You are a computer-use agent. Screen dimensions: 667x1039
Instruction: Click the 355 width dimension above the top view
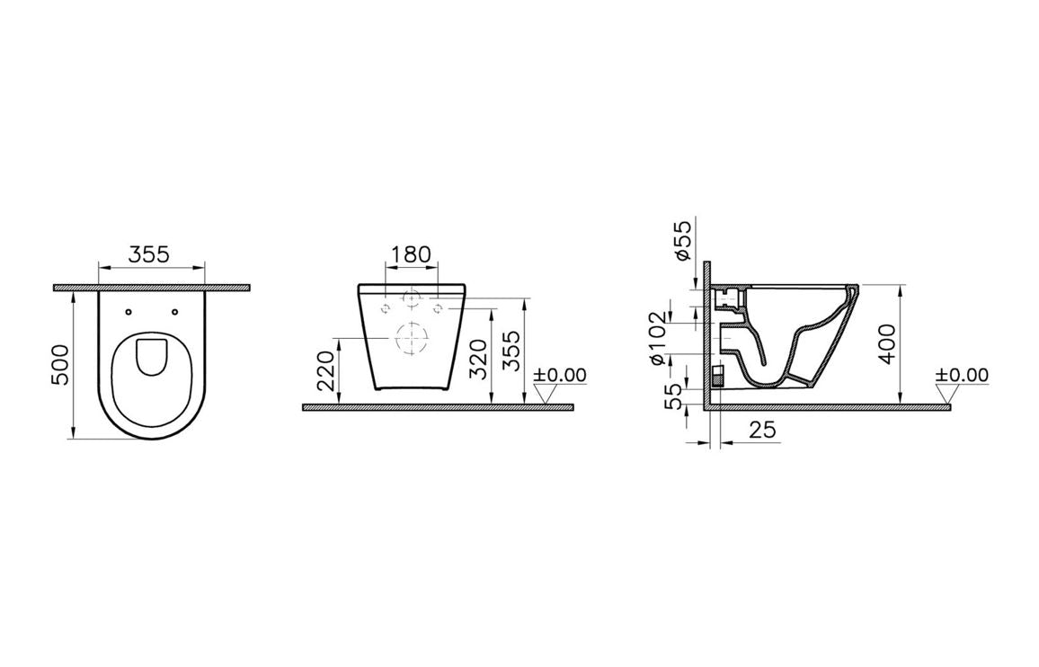click(x=148, y=254)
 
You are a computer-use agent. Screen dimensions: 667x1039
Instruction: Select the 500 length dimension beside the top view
click(x=60, y=364)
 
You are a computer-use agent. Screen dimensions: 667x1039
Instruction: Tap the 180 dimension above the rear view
click(x=413, y=254)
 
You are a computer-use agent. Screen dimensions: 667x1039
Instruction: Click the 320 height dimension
click(x=480, y=357)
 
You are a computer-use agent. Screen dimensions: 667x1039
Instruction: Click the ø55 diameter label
click(x=683, y=240)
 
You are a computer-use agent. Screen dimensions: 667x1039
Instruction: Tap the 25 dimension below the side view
click(x=761, y=431)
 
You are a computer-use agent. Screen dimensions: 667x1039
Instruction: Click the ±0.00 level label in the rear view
click(x=559, y=375)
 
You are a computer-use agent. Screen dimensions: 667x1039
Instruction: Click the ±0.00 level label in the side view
click(x=961, y=375)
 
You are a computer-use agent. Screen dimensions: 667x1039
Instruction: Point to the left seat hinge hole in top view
click(x=129, y=313)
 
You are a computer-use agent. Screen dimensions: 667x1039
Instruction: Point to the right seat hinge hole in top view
click(x=174, y=313)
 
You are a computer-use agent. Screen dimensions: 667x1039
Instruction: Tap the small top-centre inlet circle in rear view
click(x=413, y=296)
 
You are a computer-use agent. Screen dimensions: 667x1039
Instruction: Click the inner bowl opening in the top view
click(x=152, y=356)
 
